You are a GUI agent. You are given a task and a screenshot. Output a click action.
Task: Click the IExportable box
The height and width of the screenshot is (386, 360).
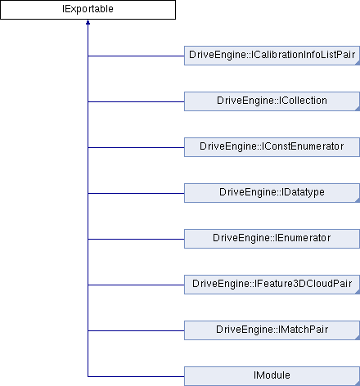click(x=88, y=10)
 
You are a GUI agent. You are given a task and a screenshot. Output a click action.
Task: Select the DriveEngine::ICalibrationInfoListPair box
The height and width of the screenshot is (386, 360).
click(x=272, y=56)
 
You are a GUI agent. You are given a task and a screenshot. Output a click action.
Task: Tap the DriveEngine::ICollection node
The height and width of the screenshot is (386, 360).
click(x=272, y=101)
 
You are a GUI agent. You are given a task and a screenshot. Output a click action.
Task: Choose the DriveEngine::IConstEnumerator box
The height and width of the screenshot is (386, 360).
click(x=272, y=147)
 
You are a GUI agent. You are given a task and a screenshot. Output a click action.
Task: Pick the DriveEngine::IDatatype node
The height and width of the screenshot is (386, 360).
click(x=272, y=193)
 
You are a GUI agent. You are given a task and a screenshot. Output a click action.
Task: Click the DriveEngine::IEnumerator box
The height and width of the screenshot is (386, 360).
click(x=272, y=239)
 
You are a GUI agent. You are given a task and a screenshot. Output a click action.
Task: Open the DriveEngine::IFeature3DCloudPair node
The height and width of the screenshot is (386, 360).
click(x=272, y=285)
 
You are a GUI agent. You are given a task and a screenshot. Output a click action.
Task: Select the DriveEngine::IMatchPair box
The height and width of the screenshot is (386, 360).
click(x=272, y=330)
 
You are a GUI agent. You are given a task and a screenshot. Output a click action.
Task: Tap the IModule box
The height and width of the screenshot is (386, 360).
click(x=272, y=376)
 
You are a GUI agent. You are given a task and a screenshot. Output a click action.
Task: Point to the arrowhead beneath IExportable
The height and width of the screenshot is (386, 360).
click(x=88, y=22)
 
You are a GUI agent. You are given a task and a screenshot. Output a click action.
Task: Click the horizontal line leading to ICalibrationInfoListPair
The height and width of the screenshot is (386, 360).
click(x=136, y=56)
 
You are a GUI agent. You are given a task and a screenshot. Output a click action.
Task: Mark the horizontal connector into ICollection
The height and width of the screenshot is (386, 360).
click(x=136, y=101)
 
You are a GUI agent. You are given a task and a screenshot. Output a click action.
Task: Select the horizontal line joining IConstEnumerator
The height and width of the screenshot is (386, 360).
click(x=136, y=147)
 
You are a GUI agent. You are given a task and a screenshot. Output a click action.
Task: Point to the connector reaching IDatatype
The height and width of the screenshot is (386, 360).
click(x=136, y=193)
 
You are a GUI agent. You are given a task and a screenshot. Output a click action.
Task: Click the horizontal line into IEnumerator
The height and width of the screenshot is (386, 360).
click(x=136, y=239)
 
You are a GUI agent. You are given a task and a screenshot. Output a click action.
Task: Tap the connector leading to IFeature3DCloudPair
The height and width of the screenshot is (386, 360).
click(x=136, y=285)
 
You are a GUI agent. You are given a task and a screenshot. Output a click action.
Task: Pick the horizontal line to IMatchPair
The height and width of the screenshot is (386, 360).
click(x=136, y=330)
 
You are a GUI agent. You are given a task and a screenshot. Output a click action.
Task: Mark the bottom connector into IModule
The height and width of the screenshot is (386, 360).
click(x=136, y=376)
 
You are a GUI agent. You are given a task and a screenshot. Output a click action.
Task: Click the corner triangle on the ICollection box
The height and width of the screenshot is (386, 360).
click(x=358, y=109)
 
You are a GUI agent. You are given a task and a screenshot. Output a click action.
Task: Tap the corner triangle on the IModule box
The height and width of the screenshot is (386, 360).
click(x=358, y=384)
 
